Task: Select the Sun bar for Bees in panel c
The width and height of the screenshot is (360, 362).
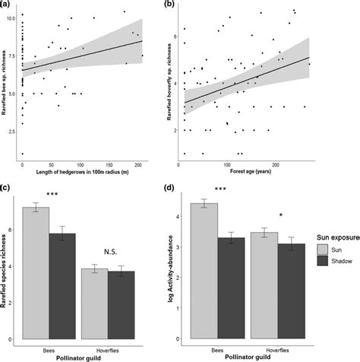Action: click(36, 274)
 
